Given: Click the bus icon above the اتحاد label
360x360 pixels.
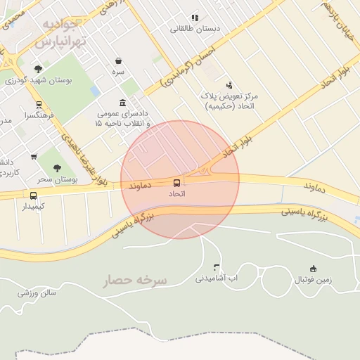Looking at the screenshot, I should coord(176,183).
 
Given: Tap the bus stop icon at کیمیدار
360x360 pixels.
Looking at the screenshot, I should coord(33,195).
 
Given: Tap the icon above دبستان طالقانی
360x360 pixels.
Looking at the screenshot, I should coord(195,18).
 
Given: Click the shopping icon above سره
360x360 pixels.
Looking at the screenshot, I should coord(117,60).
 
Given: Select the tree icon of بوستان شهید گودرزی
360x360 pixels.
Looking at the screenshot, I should coord(38,70).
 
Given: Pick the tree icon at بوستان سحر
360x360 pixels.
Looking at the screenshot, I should coord(57,168).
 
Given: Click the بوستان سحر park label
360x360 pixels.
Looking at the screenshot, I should coord(57,179).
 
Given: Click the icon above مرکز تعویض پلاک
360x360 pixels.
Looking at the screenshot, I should coord(228,84).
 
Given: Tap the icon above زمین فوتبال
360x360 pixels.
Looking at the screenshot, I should coord(313,268).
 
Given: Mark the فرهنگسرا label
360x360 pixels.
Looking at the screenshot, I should coord(35,114).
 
